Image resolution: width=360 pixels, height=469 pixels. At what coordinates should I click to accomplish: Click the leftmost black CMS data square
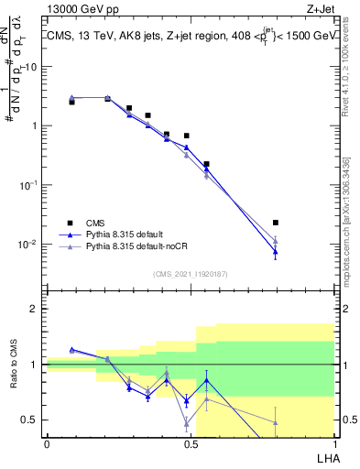[x=71, y=102]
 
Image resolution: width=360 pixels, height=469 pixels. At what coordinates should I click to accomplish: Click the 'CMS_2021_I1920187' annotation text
[x=190, y=274]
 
